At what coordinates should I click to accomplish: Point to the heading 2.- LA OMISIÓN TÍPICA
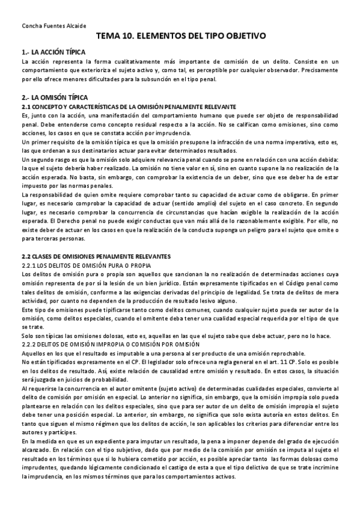tap(54, 97)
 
